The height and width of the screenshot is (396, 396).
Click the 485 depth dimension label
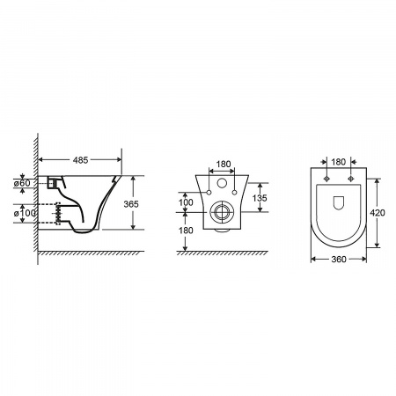pos(80,160)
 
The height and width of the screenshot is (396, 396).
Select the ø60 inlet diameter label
pos(22,183)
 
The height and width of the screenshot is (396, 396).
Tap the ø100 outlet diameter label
pos(25,213)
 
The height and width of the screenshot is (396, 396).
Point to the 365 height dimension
pos(131,204)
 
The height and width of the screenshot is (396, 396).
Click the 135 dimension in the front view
pos(260,198)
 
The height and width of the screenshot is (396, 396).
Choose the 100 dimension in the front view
pos(186,202)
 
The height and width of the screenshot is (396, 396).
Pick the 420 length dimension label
pos(378,213)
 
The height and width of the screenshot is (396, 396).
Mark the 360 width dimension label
pos(339,260)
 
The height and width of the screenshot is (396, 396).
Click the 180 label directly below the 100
pos(186,231)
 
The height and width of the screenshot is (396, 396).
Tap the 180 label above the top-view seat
pos(339,162)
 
